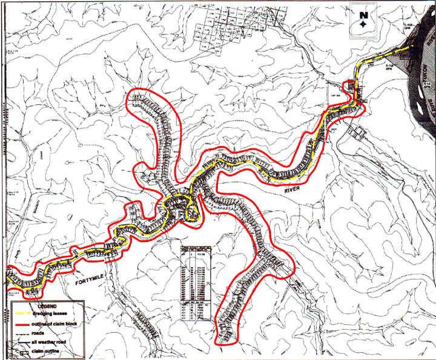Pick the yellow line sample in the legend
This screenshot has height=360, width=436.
pyautogui.click(x=24, y=313)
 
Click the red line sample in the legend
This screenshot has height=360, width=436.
pyautogui.click(x=24, y=323)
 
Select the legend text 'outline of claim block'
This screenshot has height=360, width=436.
pyautogui.click(x=63, y=322)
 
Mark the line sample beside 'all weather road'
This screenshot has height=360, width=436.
pyautogui.click(x=24, y=341)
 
